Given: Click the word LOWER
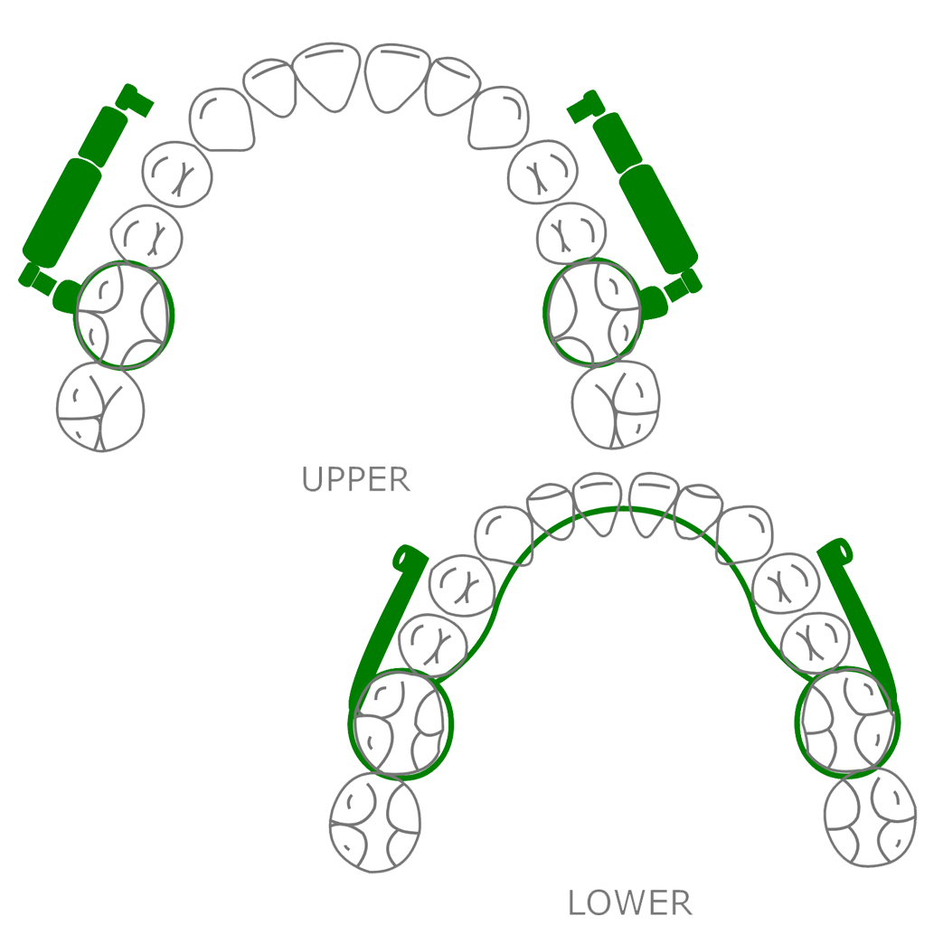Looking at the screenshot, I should click(x=629, y=902).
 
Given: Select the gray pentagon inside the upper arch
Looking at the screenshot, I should click(x=358, y=282).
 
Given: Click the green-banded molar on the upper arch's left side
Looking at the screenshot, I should click(x=123, y=315).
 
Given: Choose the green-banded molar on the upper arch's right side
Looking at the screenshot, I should click(x=592, y=312).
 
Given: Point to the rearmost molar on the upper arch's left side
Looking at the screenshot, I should click(x=100, y=406).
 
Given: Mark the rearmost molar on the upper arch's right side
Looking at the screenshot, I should click(x=616, y=404).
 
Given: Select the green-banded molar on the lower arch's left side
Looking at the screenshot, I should click(x=401, y=724).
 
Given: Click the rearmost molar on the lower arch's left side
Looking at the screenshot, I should click(x=375, y=821).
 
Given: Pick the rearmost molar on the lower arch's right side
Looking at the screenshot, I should click(x=871, y=817).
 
